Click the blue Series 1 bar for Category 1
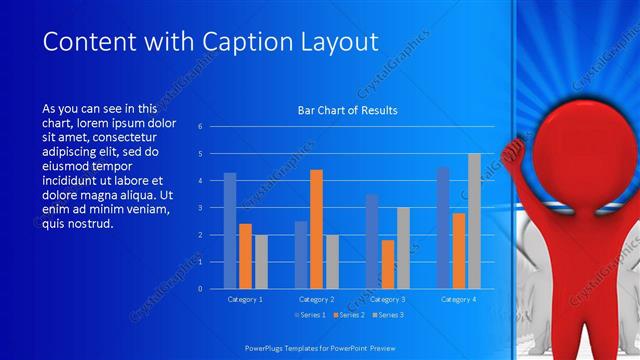tap(230, 231)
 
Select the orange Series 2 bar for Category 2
tap(316, 229)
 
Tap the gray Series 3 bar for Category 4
tap(474, 221)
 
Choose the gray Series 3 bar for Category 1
tap(261, 262)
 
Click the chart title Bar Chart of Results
tap(348, 110)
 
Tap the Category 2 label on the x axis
tap(317, 299)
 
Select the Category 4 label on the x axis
tap(458, 299)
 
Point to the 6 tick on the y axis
tap(200, 127)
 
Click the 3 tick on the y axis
tap(200, 208)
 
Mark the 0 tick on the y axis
tap(200, 289)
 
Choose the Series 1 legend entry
tap(297, 315)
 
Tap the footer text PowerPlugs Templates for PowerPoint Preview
tap(320, 347)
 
